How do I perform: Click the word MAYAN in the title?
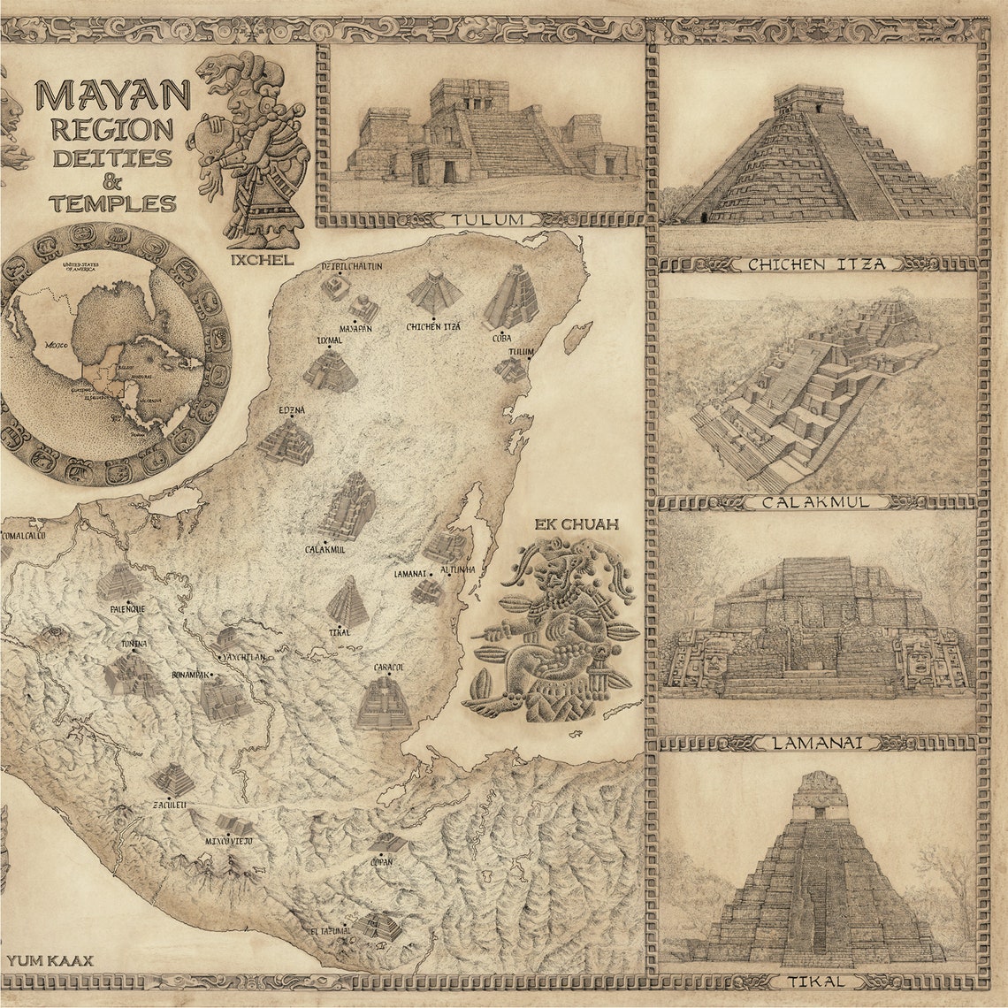point(112,95)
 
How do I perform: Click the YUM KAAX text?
point(50,960)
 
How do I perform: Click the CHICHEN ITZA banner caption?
point(816,263)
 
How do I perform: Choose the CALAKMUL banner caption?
point(816,502)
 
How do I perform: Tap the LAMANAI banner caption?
point(816,743)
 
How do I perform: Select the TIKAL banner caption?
point(816,981)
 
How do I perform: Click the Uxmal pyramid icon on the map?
point(331,370)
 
